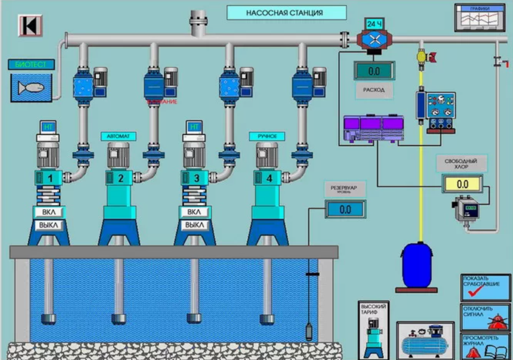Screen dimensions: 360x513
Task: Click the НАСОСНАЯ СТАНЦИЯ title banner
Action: click(x=287, y=13)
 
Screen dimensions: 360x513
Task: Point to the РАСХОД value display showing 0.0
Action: click(x=374, y=71)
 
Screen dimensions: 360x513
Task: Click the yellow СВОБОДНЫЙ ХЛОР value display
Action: click(x=462, y=183)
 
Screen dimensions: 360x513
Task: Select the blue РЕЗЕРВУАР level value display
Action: click(x=345, y=209)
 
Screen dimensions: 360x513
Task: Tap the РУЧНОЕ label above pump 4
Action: click(x=267, y=136)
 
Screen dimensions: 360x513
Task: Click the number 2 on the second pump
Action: click(x=121, y=178)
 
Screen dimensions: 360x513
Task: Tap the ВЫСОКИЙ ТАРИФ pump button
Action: click(x=373, y=330)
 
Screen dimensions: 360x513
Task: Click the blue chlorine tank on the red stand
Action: click(x=417, y=265)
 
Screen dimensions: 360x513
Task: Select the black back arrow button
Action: click(x=30, y=25)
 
